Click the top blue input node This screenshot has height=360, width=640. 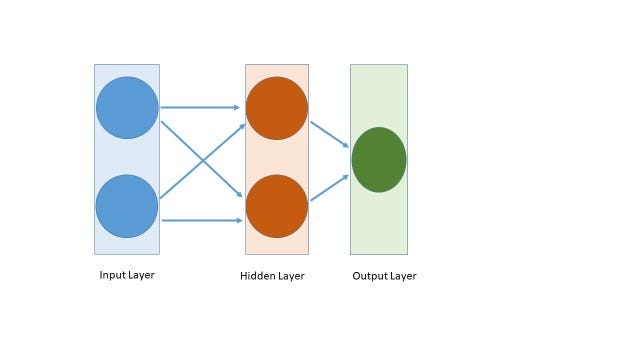[x=127, y=107]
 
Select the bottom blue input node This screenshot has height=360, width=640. [x=127, y=206]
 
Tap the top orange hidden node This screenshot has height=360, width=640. [x=277, y=108]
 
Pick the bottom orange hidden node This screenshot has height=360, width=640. [x=277, y=206]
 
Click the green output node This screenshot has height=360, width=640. [x=379, y=160]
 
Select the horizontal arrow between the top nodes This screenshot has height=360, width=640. [x=200, y=107]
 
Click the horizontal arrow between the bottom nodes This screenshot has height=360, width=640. [x=200, y=220]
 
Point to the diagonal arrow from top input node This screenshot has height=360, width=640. [x=180, y=139]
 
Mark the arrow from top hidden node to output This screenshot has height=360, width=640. [x=329, y=135]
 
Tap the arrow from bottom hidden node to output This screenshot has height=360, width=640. [x=329, y=188]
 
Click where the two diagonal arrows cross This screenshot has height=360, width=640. [x=203, y=160]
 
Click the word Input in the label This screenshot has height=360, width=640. [x=111, y=275]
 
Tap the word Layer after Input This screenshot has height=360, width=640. [x=141, y=275]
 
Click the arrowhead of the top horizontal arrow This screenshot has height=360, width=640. [x=237, y=107]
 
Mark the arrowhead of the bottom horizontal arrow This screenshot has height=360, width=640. [x=237, y=220]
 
